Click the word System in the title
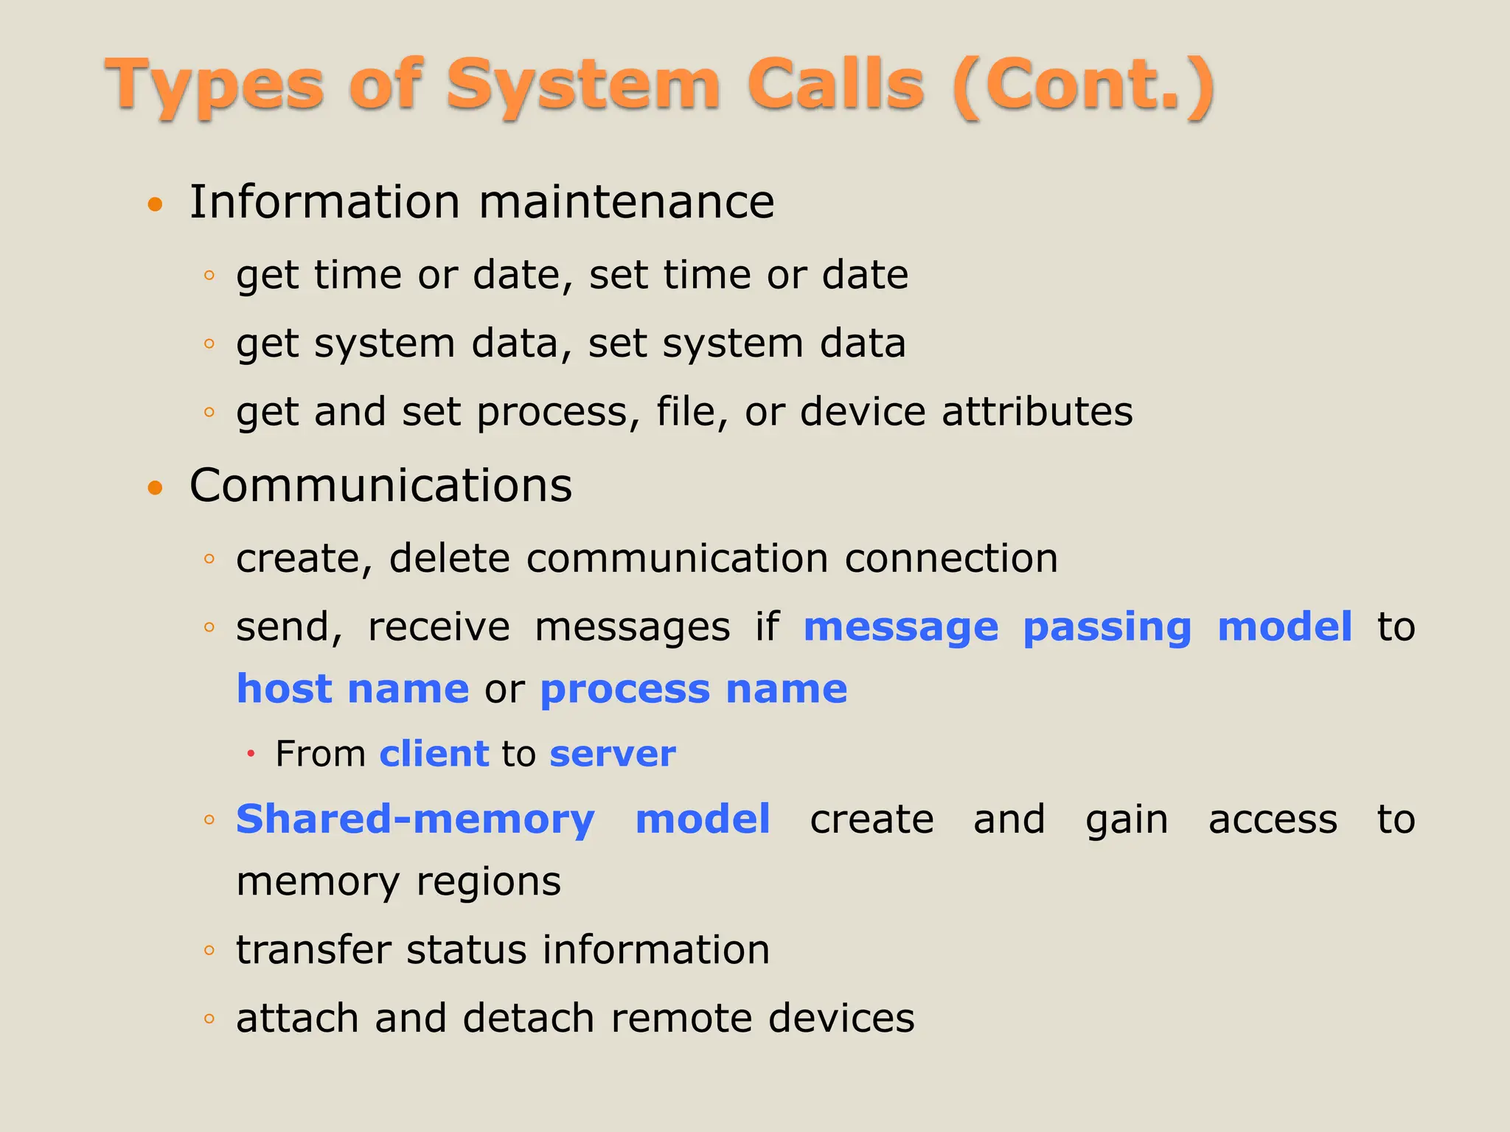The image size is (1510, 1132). coord(582,85)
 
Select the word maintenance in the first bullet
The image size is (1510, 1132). coord(627,202)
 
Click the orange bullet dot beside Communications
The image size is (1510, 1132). coord(155,487)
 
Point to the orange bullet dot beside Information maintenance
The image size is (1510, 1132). coord(155,204)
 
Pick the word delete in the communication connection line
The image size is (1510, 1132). coord(449,558)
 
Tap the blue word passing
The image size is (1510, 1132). coord(1107,628)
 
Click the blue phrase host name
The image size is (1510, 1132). coord(352,689)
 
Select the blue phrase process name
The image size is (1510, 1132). coord(693,691)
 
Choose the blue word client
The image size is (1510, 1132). coord(434,754)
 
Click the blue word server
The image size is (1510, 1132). coord(612,755)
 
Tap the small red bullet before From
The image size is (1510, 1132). coord(251,754)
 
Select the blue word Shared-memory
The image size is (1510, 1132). coord(415,820)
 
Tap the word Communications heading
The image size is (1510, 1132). coord(380,486)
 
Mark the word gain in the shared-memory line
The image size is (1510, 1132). coord(1126,821)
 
